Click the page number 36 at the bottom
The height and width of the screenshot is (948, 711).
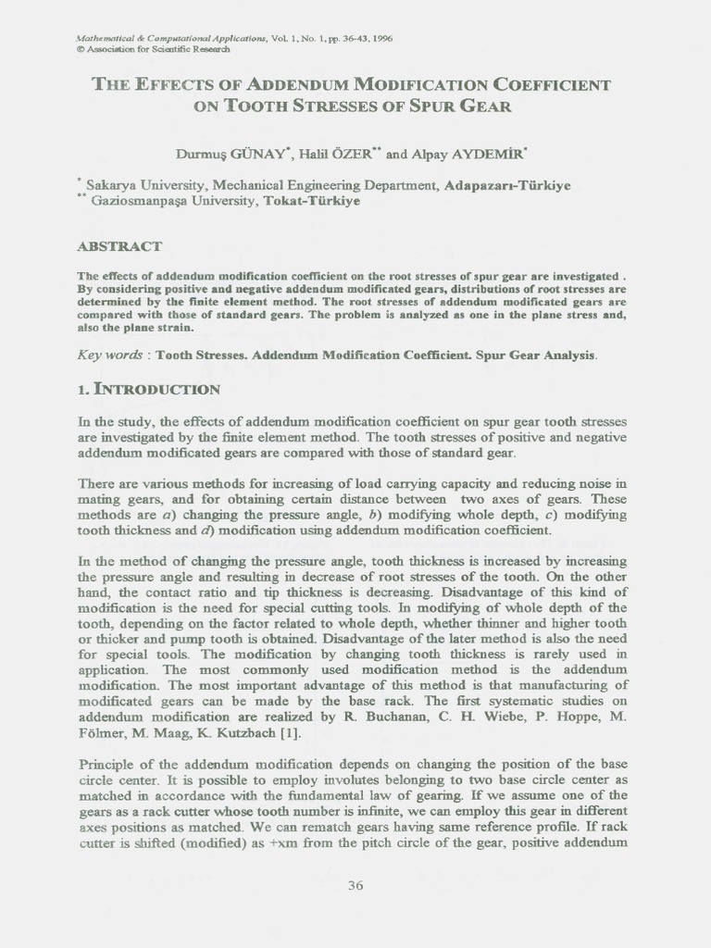coord(355,886)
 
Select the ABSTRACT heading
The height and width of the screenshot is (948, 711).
coord(119,246)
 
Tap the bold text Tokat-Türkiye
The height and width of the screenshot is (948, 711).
coord(311,201)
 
